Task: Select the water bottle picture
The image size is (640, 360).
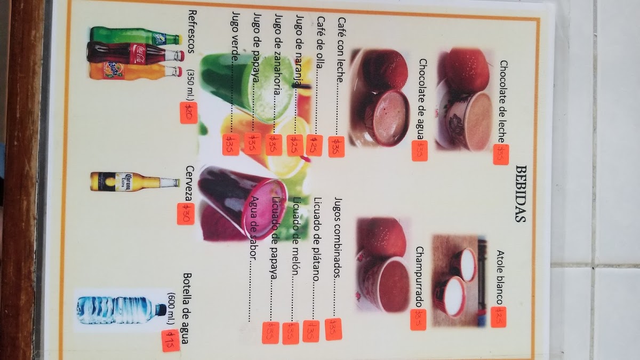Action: pyautogui.click(x=122, y=310)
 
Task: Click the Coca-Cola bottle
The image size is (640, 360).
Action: pyautogui.click(x=136, y=54)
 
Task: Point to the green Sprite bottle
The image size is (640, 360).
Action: pyautogui.click(x=136, y=37)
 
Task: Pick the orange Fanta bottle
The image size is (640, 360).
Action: pyautogui.click(x=136, y=71)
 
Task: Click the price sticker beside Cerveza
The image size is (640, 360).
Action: pyautogui.click(x=186, y=214)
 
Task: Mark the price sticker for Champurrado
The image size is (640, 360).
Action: pyautogui.click(x=419, y=319)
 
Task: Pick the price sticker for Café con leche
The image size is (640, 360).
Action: pyautogui.click(x=337, y=147)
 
